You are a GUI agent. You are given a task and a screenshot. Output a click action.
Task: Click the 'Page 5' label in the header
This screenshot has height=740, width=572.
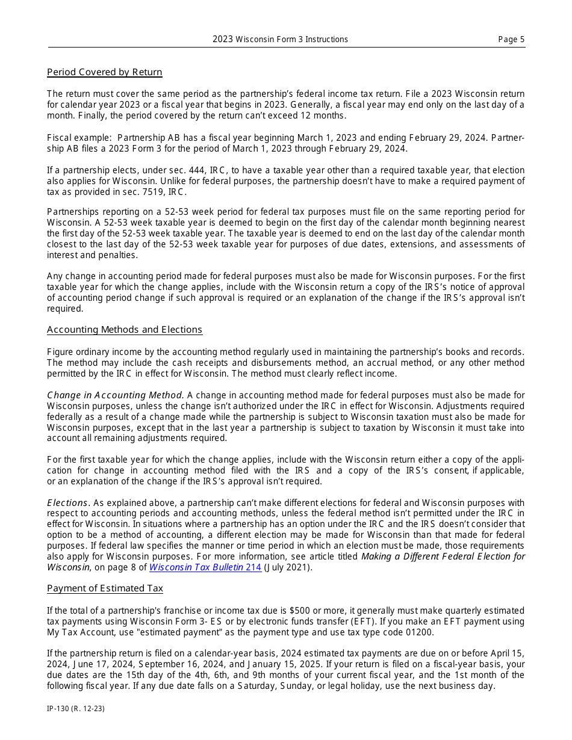pos(511,40)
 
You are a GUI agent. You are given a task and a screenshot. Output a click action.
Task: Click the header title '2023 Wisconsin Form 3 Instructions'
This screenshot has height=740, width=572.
pos(280,40)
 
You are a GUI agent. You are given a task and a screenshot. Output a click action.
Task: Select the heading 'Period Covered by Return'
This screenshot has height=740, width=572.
pos(105,72)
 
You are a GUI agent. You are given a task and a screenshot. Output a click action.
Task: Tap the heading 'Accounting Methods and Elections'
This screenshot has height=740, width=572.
pos(125,330)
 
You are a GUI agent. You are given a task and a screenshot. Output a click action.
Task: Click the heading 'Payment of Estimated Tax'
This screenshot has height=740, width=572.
pos(105,588)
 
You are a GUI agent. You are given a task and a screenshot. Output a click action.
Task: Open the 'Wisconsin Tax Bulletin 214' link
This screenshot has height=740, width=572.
pos(205,567)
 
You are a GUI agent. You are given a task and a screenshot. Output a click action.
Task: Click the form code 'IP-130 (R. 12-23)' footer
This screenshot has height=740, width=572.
pos(76,709)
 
